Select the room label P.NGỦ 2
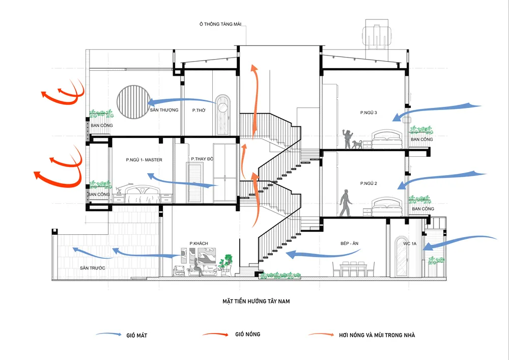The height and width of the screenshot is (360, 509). point(369,183)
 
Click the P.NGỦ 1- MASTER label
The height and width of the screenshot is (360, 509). point(144,160)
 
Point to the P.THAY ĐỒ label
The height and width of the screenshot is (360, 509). point(202,159)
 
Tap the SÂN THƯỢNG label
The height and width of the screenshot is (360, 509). point(164,110)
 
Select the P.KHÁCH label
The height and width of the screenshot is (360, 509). point(199,243)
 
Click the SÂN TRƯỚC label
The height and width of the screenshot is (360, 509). point(92,267)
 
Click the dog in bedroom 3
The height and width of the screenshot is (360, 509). point(358,145)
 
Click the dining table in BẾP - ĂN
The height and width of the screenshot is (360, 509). point(351,268)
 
